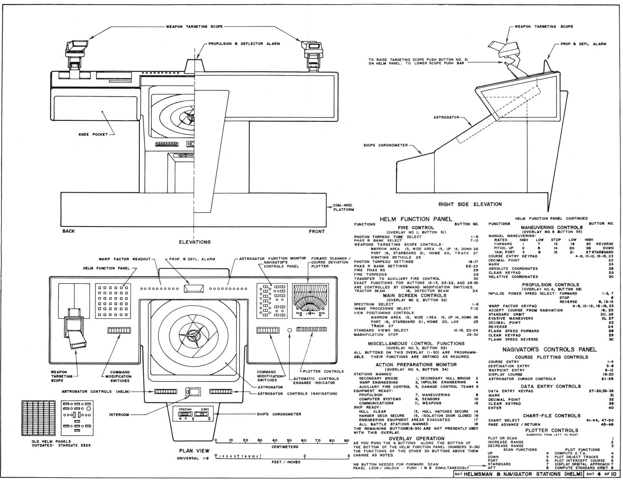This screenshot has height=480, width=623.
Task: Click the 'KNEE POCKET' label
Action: tap(93, 134)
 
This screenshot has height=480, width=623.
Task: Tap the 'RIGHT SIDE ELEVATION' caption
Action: tap(470, 204)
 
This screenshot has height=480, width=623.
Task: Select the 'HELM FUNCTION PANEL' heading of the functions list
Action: tap(416, 219)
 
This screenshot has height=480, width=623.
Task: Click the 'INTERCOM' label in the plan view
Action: tap(119, 415)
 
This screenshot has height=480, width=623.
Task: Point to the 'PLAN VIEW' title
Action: tap(194, 451)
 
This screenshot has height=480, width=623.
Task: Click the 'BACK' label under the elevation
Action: tap(69, 231)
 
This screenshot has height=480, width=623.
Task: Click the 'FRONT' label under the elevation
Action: tap(317, 231)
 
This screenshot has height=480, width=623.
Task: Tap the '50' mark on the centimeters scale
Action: tap(289, 440)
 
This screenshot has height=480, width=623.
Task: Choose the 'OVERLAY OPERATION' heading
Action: tap(416, 439)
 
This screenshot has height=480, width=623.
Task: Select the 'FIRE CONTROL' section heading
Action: tap(416, 228)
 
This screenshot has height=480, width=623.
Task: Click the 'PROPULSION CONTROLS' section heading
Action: tap(550, 285)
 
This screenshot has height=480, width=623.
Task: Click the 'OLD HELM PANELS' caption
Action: tap(51, 441)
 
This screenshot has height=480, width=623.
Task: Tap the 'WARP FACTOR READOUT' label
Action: tap(125, 259)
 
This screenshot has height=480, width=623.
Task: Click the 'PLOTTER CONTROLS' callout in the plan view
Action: tap(324, 371)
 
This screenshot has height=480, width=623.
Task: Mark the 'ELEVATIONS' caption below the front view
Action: tap(195, 242)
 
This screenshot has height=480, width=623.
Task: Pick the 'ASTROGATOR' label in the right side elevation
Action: tap(446, 117)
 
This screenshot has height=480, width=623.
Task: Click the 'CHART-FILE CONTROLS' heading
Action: tap(551, 416)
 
